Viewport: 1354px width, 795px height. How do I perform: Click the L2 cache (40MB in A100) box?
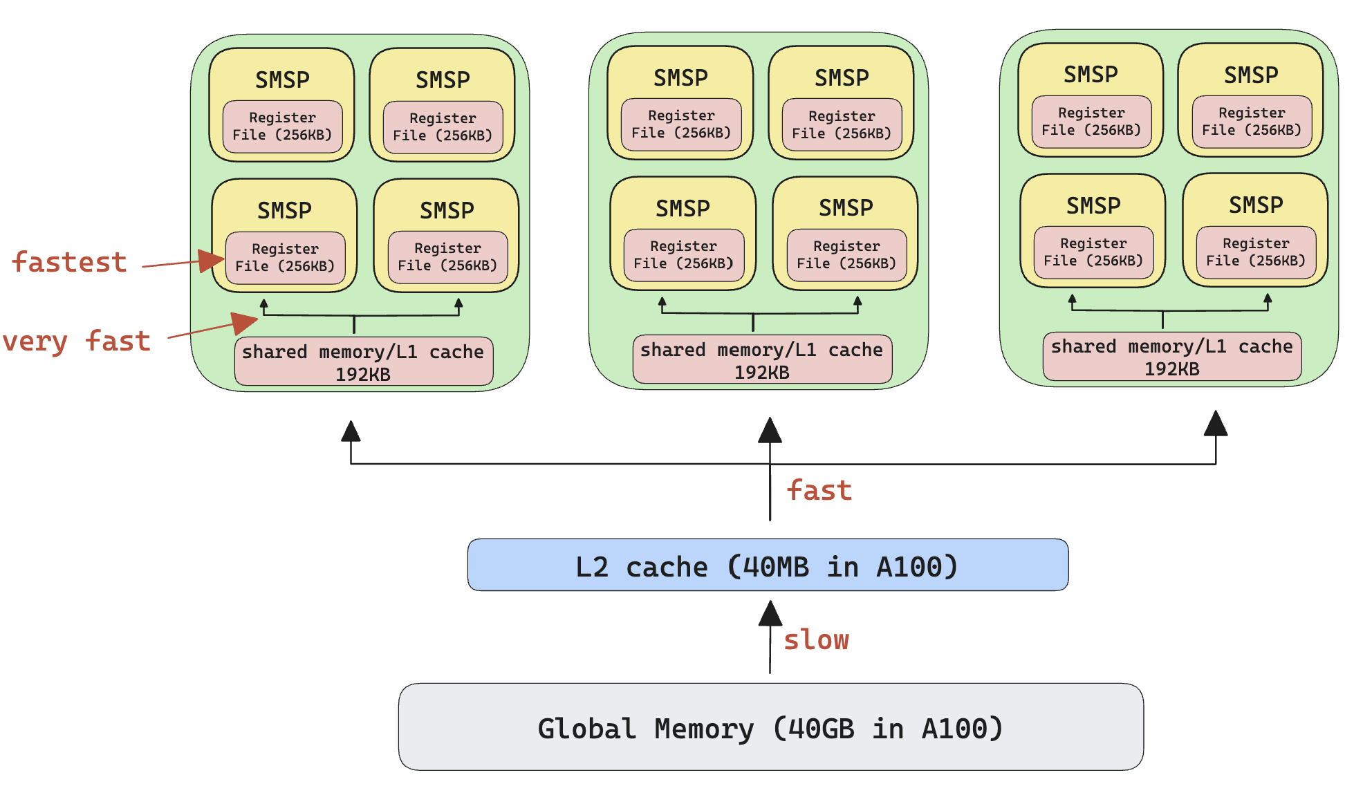point(768,565)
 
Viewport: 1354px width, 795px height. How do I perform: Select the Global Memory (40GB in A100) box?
point(770,727)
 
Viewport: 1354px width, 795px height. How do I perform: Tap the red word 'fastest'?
point(70,263)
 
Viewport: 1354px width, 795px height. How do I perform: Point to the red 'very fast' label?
point(77,341)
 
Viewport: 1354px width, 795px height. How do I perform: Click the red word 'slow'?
point(816,639)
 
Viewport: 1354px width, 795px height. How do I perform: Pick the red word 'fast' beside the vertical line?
point(819,490)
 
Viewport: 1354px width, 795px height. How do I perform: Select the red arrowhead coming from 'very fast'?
point(244,322)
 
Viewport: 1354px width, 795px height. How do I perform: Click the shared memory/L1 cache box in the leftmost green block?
point(364,362)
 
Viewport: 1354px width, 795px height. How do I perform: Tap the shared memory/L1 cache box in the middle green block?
point(762,359)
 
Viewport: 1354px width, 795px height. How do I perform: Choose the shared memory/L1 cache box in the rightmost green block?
point(1172,357)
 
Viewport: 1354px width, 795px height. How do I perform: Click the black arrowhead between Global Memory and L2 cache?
point(770,613)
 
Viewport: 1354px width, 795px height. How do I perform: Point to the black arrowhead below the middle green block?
point(770,430)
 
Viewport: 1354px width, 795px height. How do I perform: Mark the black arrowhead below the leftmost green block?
point(351,431)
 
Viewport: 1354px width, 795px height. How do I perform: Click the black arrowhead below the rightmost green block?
point(1215,424)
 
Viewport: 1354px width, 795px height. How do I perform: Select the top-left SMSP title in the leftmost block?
point(282,80)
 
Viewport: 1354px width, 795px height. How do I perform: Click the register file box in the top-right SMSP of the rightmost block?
point(1252,122)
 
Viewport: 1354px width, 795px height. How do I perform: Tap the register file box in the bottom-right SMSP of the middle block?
point(846,255)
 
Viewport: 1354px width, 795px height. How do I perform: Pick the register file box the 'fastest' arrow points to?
point(285,258)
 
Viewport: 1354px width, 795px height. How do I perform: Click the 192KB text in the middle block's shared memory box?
point(762,373)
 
